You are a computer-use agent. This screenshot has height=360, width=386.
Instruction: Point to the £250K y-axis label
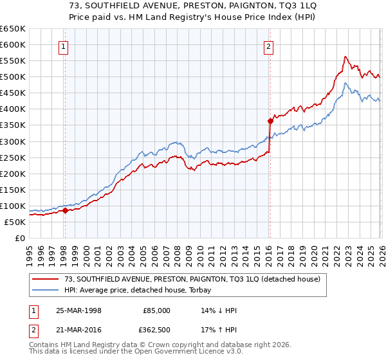[13, 157]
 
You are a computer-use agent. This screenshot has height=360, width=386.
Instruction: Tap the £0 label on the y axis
[20, 238]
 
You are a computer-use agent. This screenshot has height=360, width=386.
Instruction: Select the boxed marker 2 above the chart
[268, 46]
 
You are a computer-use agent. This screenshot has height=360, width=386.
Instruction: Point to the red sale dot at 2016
[270, 120]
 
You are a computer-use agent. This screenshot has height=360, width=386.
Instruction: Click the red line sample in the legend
[46, 279]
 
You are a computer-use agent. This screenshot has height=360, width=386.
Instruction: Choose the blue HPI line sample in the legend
[46, 291]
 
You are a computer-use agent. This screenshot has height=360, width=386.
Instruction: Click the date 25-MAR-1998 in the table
[78, 310]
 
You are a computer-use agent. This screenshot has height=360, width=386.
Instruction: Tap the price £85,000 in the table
[157, 310]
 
